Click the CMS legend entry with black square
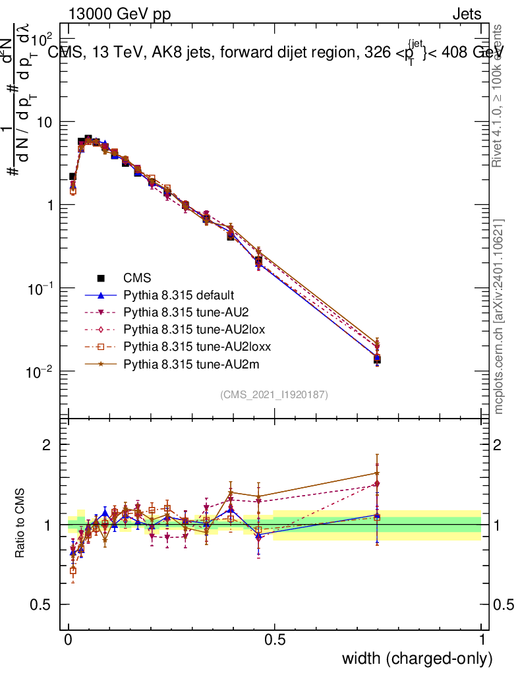pos(138,278)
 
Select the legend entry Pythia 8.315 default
pos(178,295)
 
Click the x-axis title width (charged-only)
pos(417,659)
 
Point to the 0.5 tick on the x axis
pos(275,639)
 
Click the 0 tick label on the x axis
pos(69,639)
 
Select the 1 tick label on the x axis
pos(482,639)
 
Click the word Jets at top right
pos(466,15)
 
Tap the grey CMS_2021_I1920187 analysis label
pos(274,395)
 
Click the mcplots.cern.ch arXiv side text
pos(500,316)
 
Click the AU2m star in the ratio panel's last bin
pos(377,473)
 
